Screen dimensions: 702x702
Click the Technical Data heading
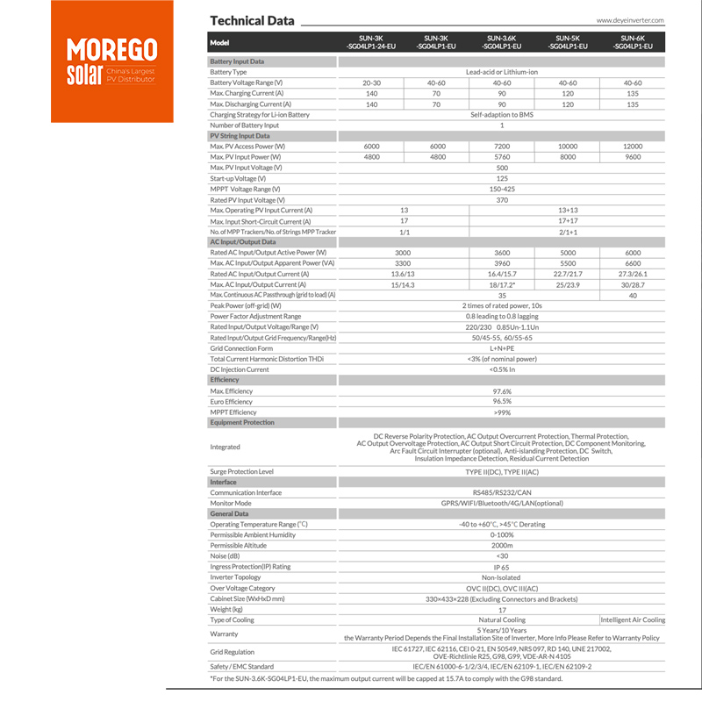pos(252,20)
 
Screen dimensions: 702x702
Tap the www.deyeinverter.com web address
pos(629,19)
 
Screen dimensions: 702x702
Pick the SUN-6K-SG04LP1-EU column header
pos(634,42)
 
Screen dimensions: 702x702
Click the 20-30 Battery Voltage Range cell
pos(371,82)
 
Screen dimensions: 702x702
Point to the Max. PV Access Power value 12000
pos(634,147)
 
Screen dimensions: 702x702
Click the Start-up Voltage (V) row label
pos(240,178)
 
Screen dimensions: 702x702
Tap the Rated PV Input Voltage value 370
pos(502,200)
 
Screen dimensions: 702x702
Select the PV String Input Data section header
pos(240,136)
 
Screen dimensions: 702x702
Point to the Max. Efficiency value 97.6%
pos(502,391)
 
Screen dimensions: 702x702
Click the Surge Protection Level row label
pos(242,472)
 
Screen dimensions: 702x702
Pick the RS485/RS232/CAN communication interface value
pos(502,493)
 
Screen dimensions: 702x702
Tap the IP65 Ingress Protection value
pos(502,567)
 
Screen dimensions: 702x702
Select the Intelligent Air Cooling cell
pos(633,620)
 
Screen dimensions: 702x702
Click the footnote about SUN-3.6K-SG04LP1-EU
pos(386,678)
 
